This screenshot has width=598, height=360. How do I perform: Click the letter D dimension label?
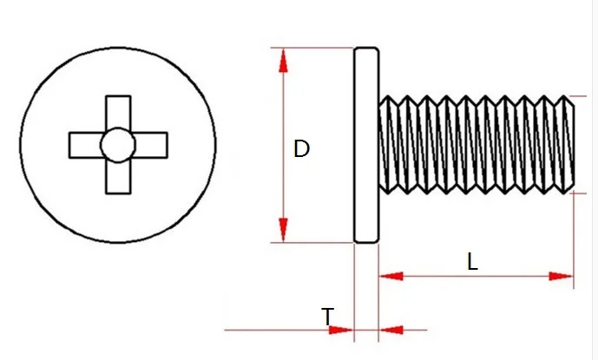(301, 148)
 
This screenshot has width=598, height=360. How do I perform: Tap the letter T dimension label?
(326, 317)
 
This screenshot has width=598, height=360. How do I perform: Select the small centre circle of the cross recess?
(117, 145)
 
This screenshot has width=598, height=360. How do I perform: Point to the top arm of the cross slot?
(117, 112)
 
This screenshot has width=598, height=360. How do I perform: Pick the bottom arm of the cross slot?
(117, 178)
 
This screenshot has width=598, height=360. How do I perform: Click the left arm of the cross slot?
(85, 145)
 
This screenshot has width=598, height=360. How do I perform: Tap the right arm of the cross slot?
(150, 145)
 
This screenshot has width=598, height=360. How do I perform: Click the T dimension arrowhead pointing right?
(344, 330)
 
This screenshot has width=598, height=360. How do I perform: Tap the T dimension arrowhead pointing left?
(390, 330)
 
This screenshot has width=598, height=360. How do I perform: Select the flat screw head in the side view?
(365, 145)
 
